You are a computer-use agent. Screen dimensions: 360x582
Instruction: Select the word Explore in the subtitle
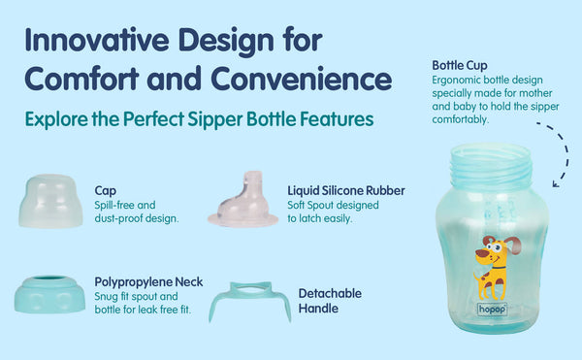[x=58, y=120]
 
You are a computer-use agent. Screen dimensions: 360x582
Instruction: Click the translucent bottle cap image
[x=49, y=200]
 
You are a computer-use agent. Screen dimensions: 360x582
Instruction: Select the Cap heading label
[x=106, y=191]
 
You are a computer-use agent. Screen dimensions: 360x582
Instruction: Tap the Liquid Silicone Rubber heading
[x=346, y=191]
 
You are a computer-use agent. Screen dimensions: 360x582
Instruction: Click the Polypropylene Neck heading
[x=148, y=281]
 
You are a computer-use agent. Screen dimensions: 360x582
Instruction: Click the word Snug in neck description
[x=107, y=296]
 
